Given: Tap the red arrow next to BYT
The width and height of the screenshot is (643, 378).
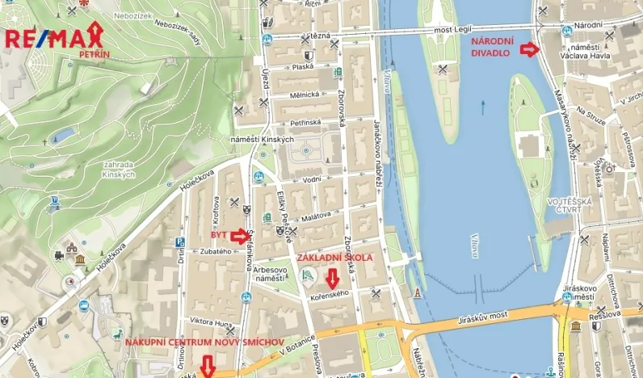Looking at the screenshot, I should (x=240, y=236).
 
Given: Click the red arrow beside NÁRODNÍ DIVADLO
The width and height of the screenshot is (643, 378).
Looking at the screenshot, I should (x=529, y=50).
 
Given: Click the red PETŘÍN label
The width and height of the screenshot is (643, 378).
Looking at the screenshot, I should (x=95, y=53).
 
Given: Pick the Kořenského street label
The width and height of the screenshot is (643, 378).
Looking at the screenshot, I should (x=329, y=295).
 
